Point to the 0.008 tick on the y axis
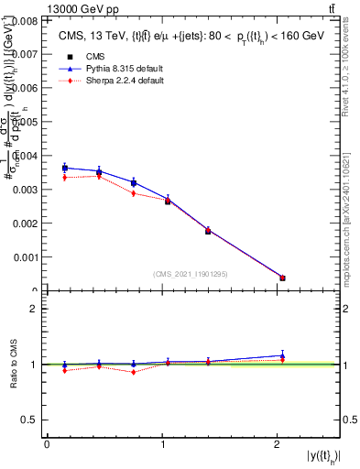pos(27,19)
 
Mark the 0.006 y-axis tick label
pos(27,88)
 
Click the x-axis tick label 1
pos(162,444)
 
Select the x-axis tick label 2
pos(278,444)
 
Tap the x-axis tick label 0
pos(47,444)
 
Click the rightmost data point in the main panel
pos(282,278)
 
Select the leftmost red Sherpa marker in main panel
pos(64,177)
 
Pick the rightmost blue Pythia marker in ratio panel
pos(282,355)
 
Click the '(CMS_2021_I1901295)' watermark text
pos(192,274)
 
